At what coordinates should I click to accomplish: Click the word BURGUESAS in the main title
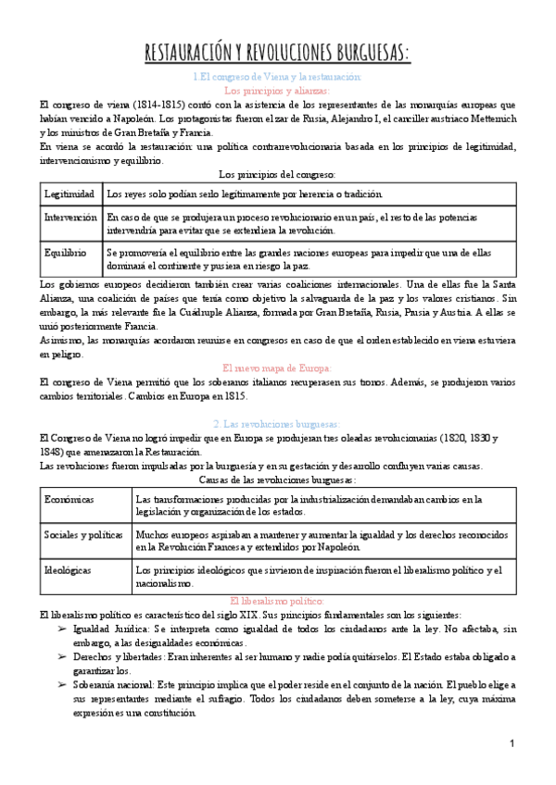pos(365,53)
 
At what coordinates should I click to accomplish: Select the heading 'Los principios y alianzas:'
pos(277,91)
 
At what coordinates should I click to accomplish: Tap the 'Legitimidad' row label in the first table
pos(69,194)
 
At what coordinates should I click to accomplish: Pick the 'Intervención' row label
pos(70,217)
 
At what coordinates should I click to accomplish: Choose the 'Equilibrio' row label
pos(65,252)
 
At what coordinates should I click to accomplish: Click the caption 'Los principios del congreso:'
pos(277,173)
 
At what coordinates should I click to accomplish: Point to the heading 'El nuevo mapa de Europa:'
pos(277,368)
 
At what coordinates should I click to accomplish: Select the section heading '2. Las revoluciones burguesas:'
pos(277,423)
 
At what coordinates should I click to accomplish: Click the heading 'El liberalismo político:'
pos(277,600)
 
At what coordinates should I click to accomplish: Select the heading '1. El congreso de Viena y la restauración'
pos(277,77)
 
